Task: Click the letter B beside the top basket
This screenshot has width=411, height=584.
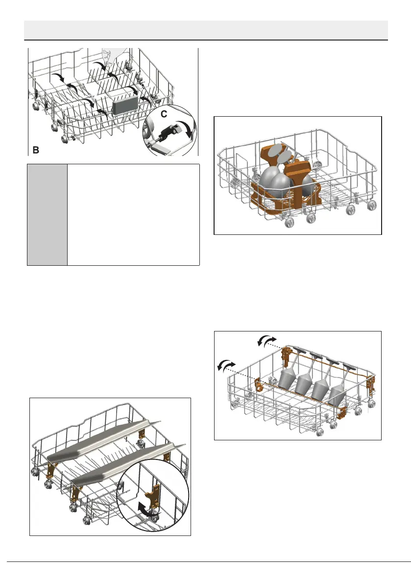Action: coord(36,149)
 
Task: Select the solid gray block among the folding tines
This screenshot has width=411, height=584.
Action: coord(124,105)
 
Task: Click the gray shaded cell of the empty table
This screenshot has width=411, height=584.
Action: coord(47,215)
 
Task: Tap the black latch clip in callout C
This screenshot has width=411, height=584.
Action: coord(167,132)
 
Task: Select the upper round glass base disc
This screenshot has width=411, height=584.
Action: coord(276,149)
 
